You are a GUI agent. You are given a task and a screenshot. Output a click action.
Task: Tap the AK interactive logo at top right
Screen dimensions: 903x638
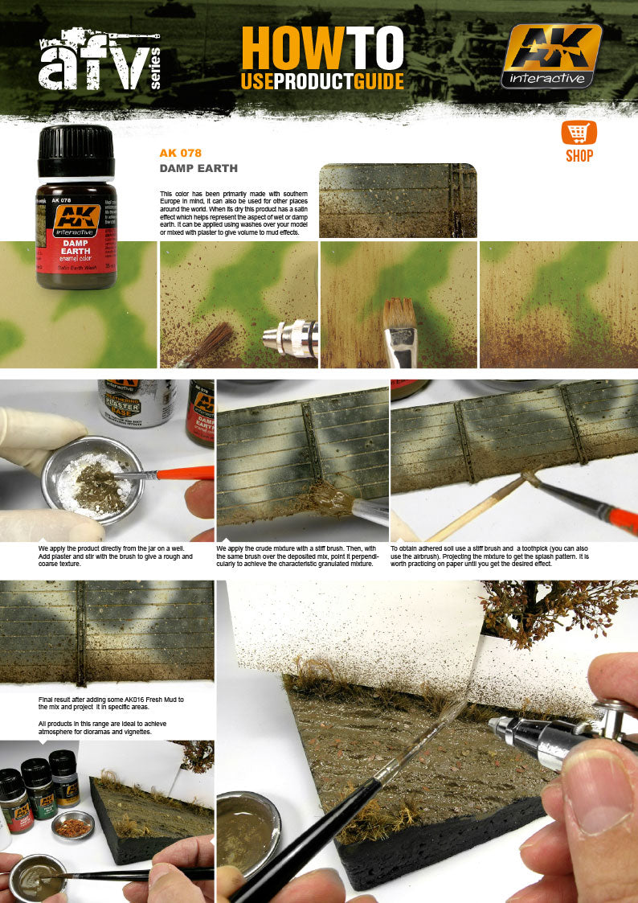(x=551, y=55)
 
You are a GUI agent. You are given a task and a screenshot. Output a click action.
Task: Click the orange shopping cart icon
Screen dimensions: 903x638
(x=579, y=133)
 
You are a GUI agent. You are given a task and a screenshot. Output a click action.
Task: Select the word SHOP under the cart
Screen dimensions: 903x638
(x=579, y=156)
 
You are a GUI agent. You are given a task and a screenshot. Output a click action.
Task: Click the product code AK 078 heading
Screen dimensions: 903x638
(x=180, y=153)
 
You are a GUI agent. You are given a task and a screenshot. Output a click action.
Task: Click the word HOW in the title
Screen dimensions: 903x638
(x=277, y=50)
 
